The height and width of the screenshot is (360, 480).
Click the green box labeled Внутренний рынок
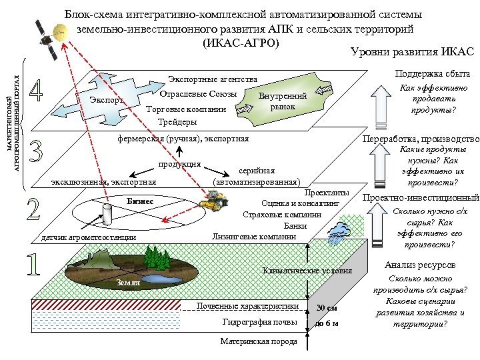tap(282, 101)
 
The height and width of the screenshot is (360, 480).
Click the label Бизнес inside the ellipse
tap(140, 201)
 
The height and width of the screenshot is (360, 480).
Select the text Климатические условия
tap(303, 271)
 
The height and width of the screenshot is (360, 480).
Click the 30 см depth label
tap(327, 308)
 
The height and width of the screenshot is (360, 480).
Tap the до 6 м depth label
tap(327, 324)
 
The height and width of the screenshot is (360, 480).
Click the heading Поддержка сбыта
tap(423, 73)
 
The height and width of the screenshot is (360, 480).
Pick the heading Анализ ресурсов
tap(420, 265)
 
